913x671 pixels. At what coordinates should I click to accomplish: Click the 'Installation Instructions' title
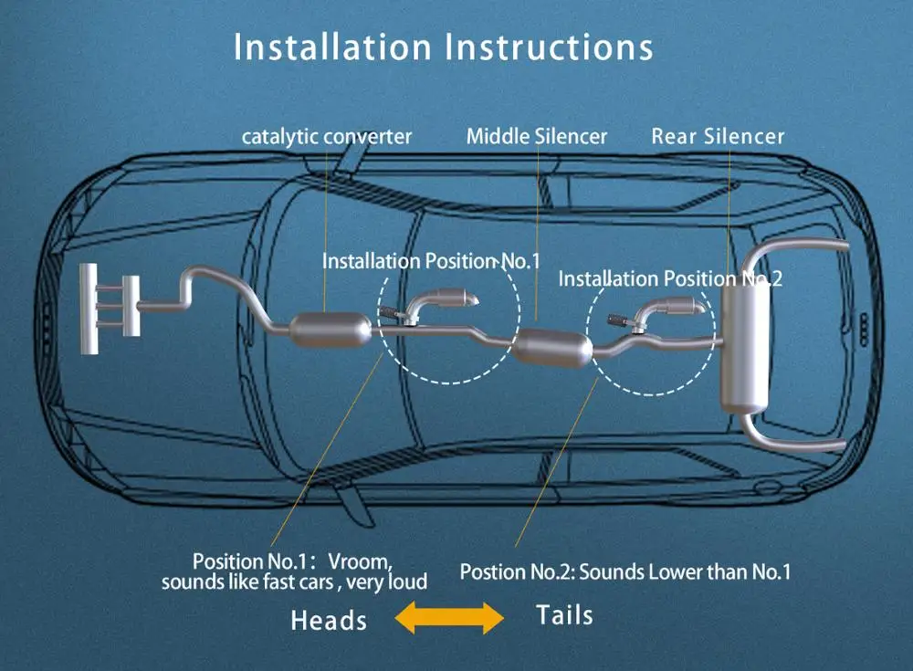(x=443, y=47)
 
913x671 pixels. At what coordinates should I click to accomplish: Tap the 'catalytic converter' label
(x=327, y=137)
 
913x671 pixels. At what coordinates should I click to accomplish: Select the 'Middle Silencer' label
(x=536, y=136)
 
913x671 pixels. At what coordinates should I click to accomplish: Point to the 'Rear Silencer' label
(x=718, y=136)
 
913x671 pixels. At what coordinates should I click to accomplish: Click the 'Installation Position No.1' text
(x=431, y=261)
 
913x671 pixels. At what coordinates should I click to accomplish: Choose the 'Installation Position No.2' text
(x=670, y=278)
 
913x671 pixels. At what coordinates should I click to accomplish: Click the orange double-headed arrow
(x=449, y=617)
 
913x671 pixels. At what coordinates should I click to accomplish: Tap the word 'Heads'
(x=329, y=620)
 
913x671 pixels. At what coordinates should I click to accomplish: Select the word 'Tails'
(x=564, y=615)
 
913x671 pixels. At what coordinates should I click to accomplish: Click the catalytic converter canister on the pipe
(x=331, y=330)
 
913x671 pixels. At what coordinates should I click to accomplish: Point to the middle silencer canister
(x=552, y=349)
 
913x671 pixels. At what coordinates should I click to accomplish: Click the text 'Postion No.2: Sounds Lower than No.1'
(x=625, y=572)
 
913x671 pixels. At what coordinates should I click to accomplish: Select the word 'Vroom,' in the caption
(x=361, y=561)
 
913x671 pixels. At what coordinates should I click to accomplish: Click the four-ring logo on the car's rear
(x=864, y=330)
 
